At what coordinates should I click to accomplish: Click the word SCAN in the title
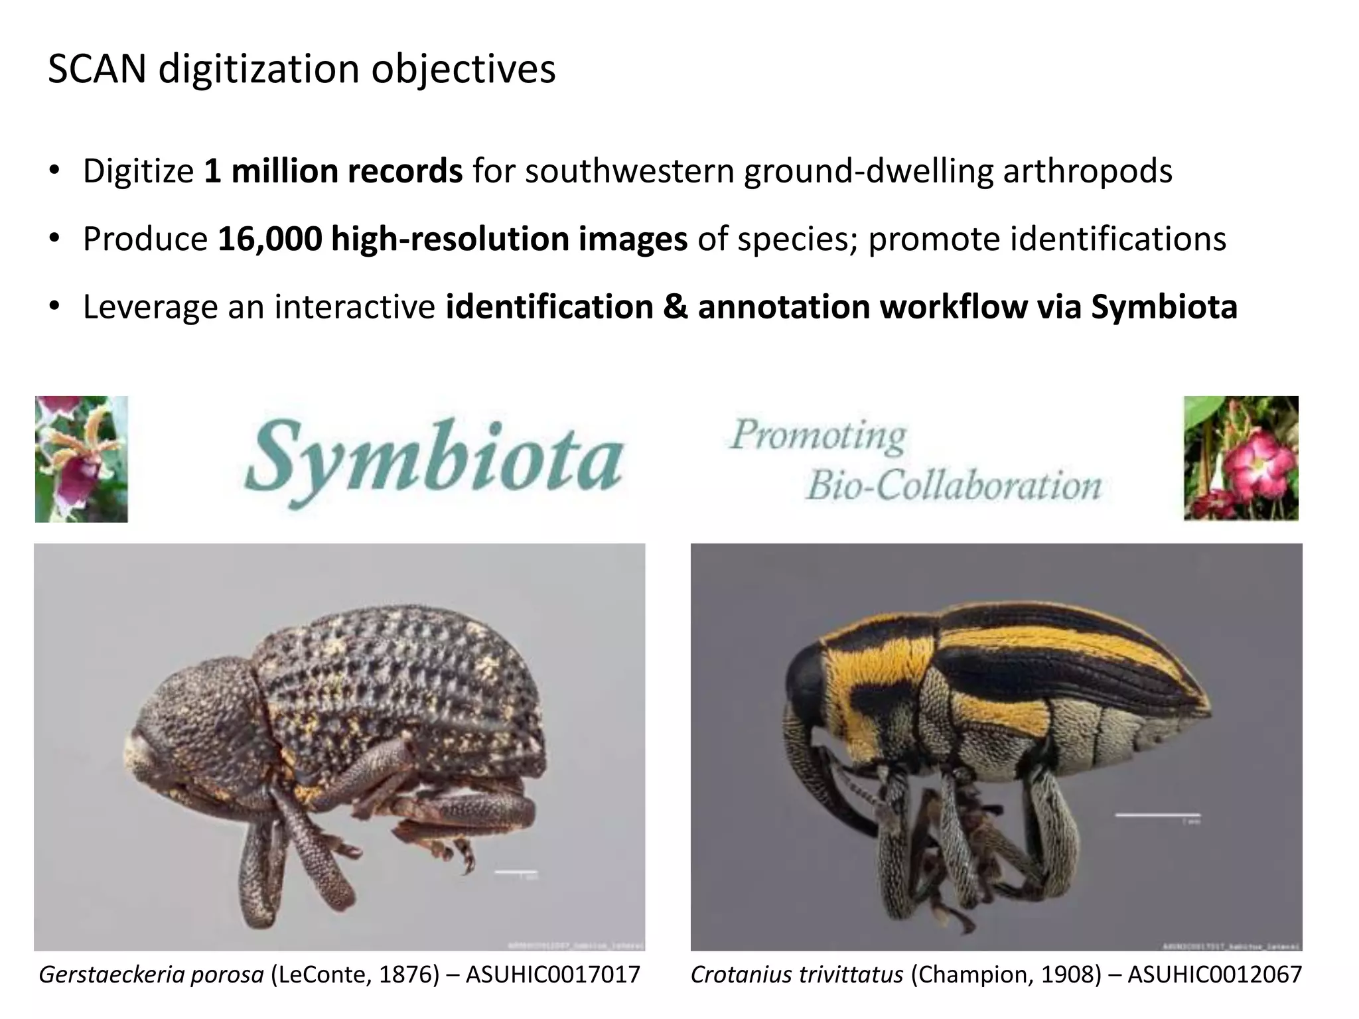(97, 69)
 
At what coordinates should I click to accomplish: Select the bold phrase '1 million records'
(333, 171)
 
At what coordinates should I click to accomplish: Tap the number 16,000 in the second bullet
(269, 239)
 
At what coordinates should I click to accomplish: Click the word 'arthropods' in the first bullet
(1088, 171)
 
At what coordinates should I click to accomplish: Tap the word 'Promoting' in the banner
(818, 436)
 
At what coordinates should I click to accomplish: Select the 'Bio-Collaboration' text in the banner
(954, 485)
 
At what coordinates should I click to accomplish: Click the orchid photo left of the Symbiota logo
(82, 459)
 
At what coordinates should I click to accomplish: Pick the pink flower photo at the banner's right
(1241, 458)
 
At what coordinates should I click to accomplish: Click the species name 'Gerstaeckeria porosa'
(151, 975)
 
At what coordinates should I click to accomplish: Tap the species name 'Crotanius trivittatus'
(797, 975)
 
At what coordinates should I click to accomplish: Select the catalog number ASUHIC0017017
(553, 975)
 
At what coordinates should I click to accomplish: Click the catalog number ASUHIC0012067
(1214, 975)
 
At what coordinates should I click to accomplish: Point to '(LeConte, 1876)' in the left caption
(355, 975)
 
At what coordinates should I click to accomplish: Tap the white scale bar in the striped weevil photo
(1157, 815)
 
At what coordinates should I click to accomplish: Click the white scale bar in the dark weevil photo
(516, 871)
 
